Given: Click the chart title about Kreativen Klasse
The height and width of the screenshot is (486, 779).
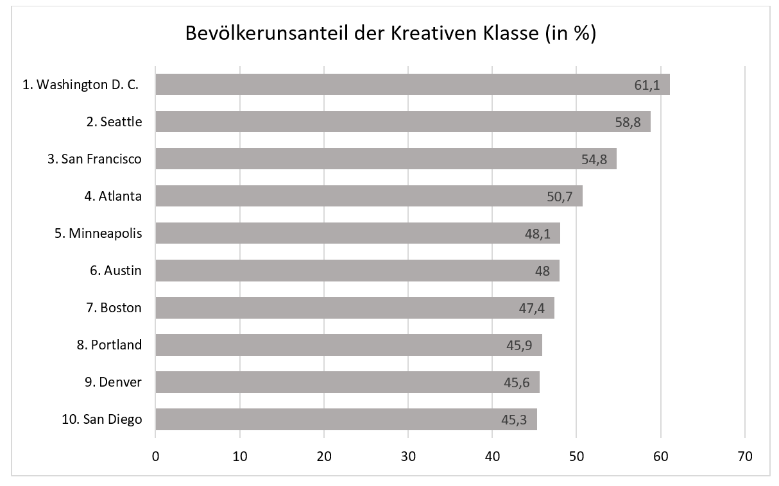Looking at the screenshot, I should point(391,33).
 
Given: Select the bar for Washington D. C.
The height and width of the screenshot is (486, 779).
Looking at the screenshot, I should point(412,84).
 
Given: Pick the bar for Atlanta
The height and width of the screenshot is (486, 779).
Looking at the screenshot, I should point(369,196).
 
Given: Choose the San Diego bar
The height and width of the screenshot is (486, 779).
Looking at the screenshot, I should point(346,419).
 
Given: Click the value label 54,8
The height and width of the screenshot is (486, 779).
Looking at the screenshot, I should point(594,159).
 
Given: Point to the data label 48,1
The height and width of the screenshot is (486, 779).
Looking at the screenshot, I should point(538,233).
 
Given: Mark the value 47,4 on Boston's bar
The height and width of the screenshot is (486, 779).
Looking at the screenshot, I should point(531,308).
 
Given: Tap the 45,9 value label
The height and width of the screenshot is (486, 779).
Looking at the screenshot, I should point(519,345).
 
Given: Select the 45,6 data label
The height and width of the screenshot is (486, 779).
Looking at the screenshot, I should point(517,382).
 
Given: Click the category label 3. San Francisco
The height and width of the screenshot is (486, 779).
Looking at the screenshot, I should point(94,159).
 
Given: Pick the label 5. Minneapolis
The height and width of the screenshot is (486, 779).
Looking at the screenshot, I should point(98,233).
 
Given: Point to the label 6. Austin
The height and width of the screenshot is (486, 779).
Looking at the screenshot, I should point(116,271).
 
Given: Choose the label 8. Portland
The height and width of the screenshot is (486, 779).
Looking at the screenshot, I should point(109,345).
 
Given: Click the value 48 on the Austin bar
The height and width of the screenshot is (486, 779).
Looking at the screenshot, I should point(542,271).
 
